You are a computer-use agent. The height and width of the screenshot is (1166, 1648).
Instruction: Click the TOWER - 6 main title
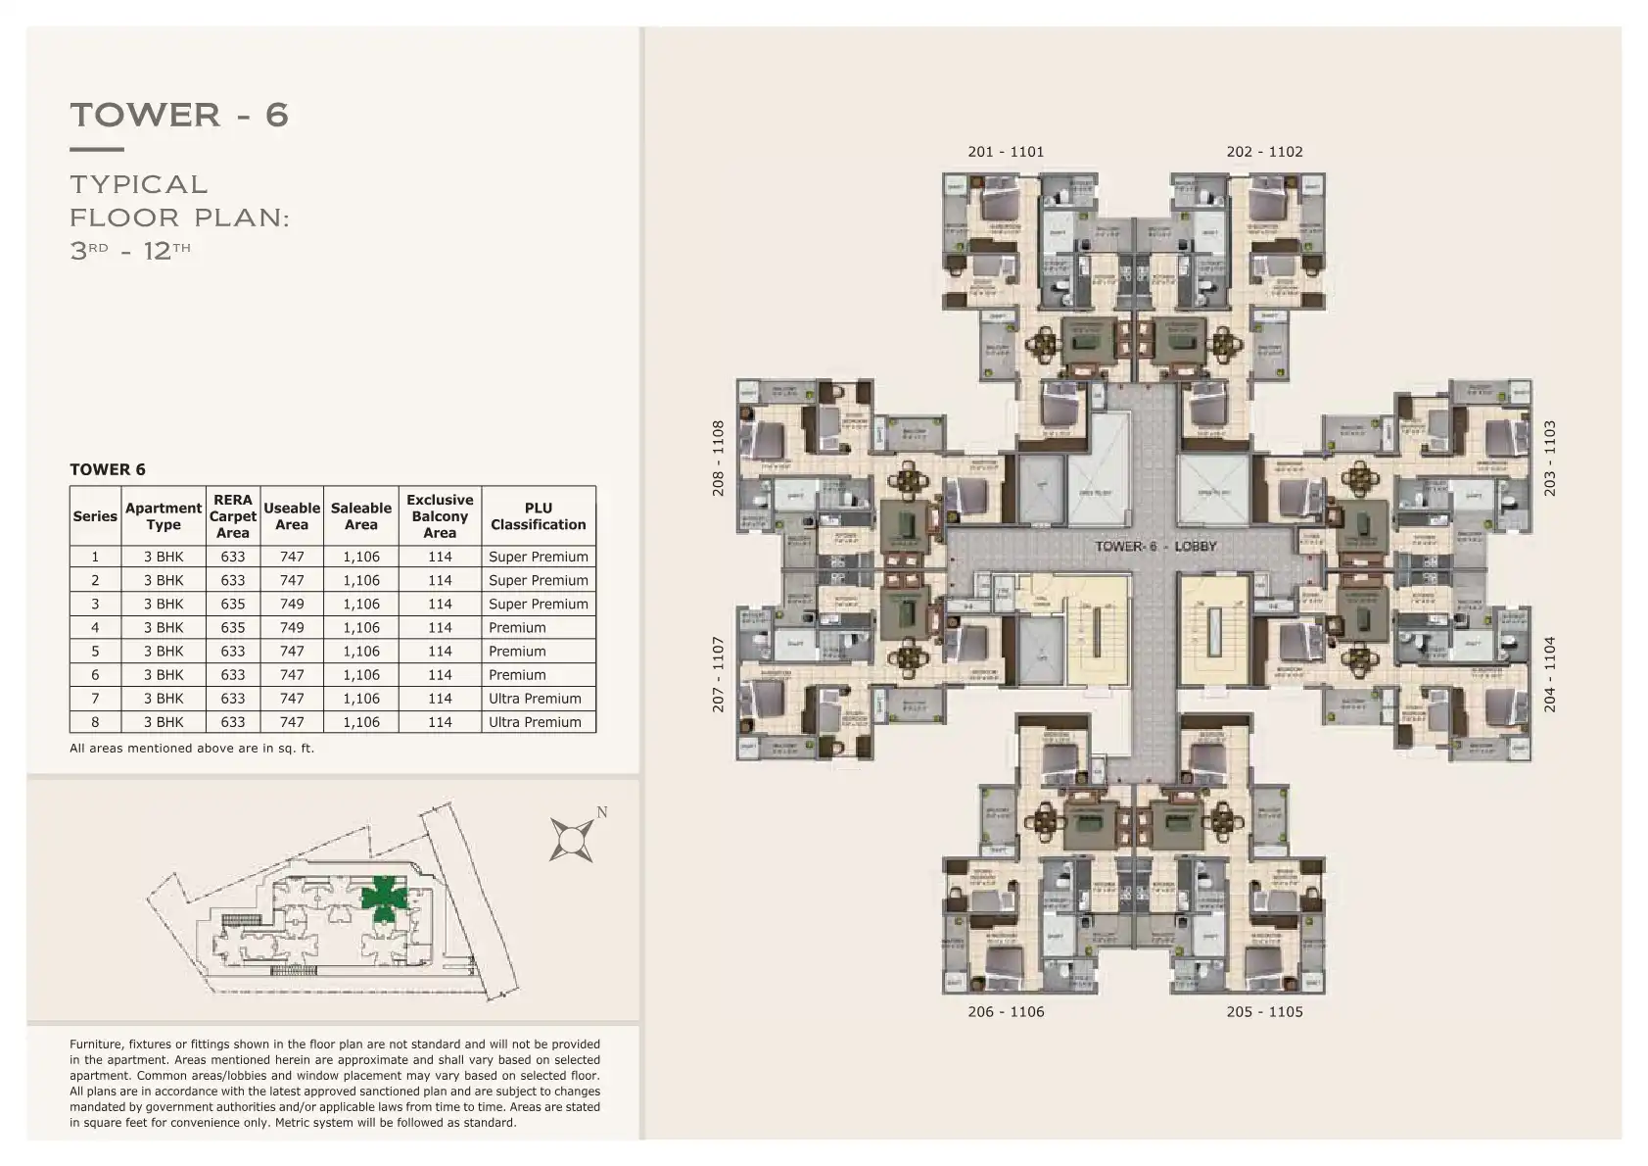[179, 115]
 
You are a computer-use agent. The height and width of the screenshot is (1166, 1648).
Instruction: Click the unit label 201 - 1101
[1006, 152]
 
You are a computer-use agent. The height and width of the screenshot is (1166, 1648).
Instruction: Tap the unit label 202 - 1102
[1264, 152]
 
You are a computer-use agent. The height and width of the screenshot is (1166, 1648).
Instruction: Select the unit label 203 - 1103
[1549, 459]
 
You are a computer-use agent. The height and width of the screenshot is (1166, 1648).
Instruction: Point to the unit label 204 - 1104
[1549, 674]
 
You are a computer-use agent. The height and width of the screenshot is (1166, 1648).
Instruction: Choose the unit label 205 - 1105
[1264, 1012]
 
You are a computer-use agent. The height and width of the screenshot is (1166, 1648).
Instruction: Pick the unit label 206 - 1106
[1006, 1012]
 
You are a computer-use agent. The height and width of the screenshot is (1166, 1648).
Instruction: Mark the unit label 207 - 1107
[718, 674]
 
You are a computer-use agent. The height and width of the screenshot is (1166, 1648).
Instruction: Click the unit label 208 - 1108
[718, 459]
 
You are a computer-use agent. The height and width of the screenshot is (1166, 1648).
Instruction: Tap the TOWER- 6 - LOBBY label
[1155, 546]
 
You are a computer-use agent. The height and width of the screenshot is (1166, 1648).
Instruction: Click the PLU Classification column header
[539, 516]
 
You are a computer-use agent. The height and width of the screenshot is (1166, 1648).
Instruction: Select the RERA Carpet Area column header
[233, 516]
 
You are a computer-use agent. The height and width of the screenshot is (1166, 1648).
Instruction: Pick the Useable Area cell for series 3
[292, 605]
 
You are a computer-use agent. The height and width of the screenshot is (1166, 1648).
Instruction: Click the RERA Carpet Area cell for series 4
[233, 628]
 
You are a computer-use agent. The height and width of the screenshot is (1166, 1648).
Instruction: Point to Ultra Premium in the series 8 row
[535, 722]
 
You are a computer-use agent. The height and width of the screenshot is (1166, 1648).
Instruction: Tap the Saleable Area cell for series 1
[361, 557]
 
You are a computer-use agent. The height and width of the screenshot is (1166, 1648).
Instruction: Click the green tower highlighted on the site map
[383, 898]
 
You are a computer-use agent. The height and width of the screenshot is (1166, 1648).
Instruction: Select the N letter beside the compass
[602, 812]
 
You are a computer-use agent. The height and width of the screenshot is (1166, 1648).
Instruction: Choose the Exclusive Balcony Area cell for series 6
[440, 675]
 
